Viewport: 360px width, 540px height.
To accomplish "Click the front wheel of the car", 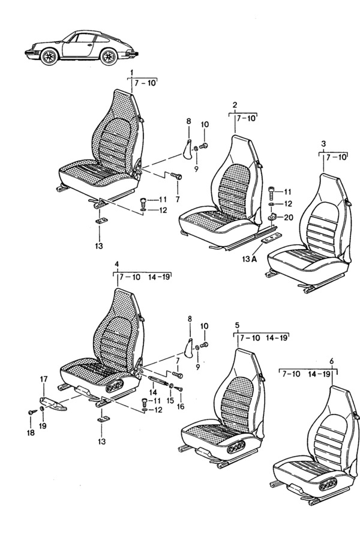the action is (x=49, y=56).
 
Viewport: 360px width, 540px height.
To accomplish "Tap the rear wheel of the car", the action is (x=109, y=56).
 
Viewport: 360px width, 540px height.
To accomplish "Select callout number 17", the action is (x=44, y=379).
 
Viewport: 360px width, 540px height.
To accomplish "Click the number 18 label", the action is (x=31, y=433).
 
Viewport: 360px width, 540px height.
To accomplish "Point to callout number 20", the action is (x=289, y=217).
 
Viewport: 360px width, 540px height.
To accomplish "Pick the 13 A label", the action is (x=250, y=259).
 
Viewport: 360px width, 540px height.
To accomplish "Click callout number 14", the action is (x=153, y=392).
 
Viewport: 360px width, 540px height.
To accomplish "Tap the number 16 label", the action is (x=181, y=406).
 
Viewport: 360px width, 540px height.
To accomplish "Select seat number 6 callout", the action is (x=332, y=361).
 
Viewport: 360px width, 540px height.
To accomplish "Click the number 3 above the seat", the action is (x=323, y=143).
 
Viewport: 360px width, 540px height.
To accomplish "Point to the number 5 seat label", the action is (x=237, y=325).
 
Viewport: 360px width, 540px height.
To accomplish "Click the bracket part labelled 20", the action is (x=272, y=217).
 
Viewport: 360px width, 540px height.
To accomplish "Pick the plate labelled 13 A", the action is (x=271, y=238).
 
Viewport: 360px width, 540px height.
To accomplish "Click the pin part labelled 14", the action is (x=158, y=381).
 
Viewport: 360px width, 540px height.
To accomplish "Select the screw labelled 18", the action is (x=33, y=412).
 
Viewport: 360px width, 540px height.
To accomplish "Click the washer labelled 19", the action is (x=42, y=409).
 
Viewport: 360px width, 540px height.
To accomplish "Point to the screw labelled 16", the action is (x=179, y=388).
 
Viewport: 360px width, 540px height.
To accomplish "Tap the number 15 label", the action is (x=170, y=400).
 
